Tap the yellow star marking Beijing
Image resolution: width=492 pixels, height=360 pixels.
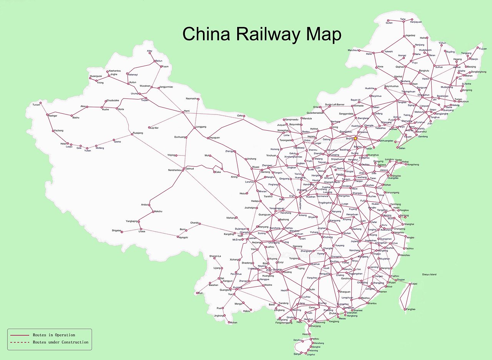click(x=355, y=138)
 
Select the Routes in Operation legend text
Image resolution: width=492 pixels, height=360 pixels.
click(x=54, y=335)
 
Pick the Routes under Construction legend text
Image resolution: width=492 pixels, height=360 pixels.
click(x=60, y=342)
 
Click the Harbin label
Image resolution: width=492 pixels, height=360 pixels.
click(x=426, y=79)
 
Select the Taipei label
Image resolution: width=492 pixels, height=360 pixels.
click(x=414, y=284)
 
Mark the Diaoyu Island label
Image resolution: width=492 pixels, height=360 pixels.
click(x=429, y=275)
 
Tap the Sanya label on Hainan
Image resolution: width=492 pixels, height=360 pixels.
click(x=297, y=354)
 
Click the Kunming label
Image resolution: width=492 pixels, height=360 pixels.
click(x=238, y=287)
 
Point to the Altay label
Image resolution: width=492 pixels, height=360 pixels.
click(x=150, y=51)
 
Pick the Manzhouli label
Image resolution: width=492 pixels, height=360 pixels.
click(x=353, y=50)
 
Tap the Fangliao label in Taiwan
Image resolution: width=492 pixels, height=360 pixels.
click(x=410, y=309)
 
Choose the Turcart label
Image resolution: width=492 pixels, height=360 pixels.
click(x=36, y=105)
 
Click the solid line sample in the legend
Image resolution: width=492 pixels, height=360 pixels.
click(x=20, y=335)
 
